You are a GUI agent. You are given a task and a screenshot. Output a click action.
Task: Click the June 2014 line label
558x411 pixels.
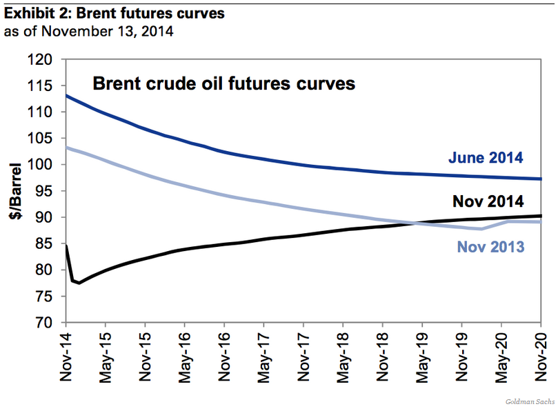coord(486,158)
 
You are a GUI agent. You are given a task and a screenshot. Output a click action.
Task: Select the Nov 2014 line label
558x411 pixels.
coord(488,201)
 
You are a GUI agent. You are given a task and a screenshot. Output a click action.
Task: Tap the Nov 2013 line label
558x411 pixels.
coord(490,245)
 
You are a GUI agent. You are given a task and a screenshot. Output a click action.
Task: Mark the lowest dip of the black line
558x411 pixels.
coord(79,283)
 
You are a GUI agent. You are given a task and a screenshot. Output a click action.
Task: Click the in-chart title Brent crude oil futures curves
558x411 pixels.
coord(223,83)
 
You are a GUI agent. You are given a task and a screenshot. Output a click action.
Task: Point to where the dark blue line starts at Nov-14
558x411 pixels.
coord(66,94)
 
